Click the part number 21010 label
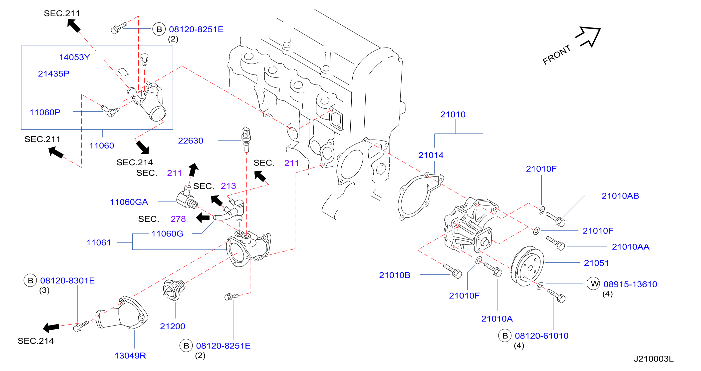(x=453, y=114)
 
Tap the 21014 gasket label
(x=431, y=155)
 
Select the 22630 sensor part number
(x=191, y=140)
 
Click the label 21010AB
(x=620, y=195)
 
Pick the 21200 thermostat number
(x=173, y=326)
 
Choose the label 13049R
(x=130, y=355)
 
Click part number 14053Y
(x=75, y=57)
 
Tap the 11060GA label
(x=129, y=202)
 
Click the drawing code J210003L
(x=654, y=359)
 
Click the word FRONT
(x=556, y=54)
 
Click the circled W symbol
(x=593, y=283)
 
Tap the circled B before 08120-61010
(x=505, y=335)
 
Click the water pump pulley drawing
(x=527, y=266)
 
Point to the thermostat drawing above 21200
(x=174, y=290)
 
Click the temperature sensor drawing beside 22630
(x=246, y=139)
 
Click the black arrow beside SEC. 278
(x=203, y=218)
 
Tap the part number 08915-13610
(x=630, y=284)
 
